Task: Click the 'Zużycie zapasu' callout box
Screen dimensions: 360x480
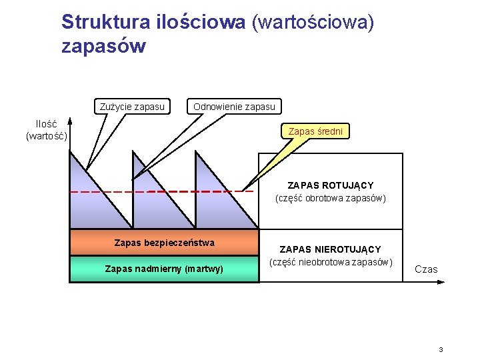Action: [132, 107]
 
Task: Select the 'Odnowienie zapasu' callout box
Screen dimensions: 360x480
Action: [234, 107]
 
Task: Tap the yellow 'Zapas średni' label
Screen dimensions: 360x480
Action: [315, 131]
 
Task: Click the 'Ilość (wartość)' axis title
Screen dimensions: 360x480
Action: [46, 130]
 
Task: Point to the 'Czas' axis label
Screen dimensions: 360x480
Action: [426, 269]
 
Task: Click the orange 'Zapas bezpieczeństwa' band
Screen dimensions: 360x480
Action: [164, 243]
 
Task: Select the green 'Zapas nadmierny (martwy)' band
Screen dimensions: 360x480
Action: [164, 269]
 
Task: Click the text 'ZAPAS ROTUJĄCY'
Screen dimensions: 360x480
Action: [330, 185]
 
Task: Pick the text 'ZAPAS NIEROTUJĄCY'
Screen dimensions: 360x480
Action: [330, 249]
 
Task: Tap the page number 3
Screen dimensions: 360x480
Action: [441, 350]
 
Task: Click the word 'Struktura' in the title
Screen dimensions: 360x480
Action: [106, 22]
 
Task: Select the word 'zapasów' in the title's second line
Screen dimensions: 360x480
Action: [103, 47]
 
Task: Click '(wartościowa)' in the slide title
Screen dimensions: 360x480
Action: [313, 22]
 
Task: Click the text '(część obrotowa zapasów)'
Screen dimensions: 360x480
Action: [330, 198]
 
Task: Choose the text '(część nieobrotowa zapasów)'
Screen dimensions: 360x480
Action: [330, 261]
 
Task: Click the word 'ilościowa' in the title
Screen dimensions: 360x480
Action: [201, 22]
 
